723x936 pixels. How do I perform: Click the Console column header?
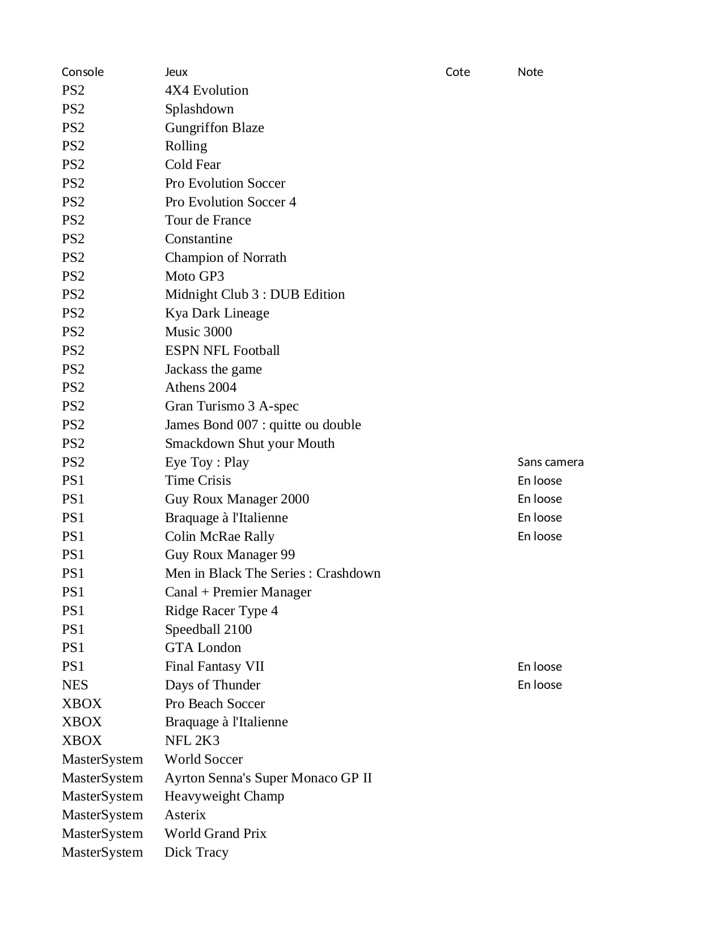(83, 72)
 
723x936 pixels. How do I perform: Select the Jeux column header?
(176, 72)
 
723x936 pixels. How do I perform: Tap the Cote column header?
(458, 72)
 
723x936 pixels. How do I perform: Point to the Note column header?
(530, 72)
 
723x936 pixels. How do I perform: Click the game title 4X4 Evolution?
(206, 90)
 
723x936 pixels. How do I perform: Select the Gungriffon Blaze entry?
(214, 128)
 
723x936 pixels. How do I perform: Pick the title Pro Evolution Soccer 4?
(230, 202)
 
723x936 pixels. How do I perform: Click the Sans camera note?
(550, 462)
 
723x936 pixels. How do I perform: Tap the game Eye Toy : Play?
(207, 462)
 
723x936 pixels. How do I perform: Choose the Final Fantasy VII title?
(214, 666)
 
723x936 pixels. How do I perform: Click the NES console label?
(75, 685)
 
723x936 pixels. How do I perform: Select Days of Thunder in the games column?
(213, 685)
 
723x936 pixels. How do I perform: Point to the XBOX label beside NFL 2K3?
(82, 740)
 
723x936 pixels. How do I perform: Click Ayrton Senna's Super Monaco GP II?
(268, 778)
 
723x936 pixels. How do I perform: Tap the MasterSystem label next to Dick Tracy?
(102, 852)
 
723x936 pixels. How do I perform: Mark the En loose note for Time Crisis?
(539, 481)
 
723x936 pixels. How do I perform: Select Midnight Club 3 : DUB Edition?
(255, 294)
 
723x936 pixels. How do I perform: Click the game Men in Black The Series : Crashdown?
(273, 573)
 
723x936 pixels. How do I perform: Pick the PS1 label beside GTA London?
(73, 647)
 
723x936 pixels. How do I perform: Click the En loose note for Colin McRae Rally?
(539, 536)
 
